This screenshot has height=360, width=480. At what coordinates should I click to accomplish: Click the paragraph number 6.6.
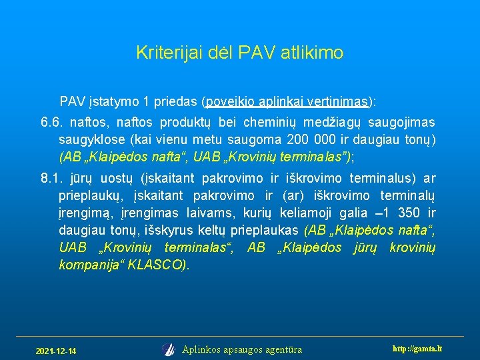[51, 122]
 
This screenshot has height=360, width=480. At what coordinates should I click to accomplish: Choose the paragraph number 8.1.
[51, 178]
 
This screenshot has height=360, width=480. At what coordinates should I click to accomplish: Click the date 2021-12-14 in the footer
[55, 351]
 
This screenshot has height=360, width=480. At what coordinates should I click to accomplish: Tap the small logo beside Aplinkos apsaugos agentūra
[168, 349]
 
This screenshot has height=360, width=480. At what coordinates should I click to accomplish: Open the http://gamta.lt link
[418, 349]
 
